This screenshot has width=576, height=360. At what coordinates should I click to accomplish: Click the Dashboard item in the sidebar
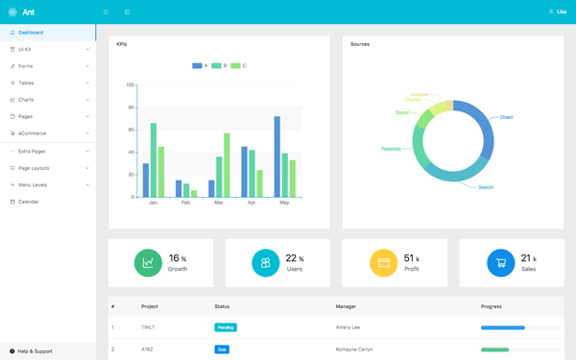[x=31, y=33]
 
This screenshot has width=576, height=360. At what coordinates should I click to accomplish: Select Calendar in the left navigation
[x=28, y=202]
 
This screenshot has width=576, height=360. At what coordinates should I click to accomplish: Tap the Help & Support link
[x=35, y=351]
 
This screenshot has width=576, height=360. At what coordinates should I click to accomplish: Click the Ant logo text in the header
[x=29, y=12]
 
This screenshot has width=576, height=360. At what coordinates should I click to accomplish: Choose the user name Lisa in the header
[x=562, y=12]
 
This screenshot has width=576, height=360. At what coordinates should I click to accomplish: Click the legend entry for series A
[x=200, y=66]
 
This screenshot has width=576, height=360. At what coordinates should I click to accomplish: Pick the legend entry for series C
[x=238, y=66]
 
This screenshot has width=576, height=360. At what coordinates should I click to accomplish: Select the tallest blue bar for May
[x=277, y=156]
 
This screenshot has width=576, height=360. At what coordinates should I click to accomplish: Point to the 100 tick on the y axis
[x=131, y=85]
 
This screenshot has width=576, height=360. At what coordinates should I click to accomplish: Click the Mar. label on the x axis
[x=219, y=203]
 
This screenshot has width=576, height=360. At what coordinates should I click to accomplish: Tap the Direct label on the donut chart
[x=506, y=117]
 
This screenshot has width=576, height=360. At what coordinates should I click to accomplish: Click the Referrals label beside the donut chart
[x=391, y=149]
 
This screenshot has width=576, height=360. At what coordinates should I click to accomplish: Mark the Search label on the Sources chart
[x=486, y=187]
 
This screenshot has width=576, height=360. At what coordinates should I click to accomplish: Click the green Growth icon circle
[x=148, y=263]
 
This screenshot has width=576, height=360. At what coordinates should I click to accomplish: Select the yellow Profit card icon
[x=383, y=263]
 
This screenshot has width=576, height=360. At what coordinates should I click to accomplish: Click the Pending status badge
[x=226, y=327]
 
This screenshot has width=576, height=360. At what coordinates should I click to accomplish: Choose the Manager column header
[x=346, y=307]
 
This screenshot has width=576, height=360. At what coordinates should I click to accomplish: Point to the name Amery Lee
[x=348, y=327]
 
